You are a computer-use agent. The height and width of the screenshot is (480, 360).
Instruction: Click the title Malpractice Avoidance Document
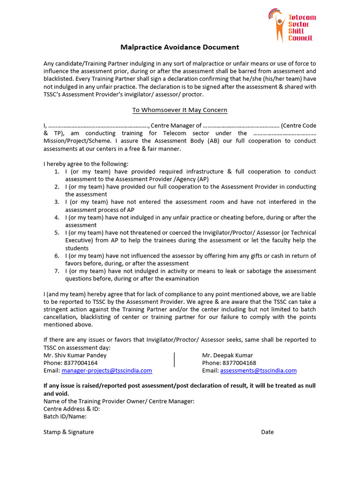click(x=180, y=47)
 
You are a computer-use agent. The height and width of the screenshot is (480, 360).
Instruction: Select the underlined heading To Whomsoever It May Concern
click(x=180, y=110)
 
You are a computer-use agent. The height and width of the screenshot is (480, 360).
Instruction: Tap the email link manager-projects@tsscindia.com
click(x=107, y=370)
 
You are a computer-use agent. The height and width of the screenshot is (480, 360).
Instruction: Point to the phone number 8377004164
click(x=81, y=363)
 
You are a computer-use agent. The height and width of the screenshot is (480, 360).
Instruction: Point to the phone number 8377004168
click(x=239, y=363)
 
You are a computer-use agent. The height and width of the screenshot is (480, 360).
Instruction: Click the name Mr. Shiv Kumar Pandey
click(x=75, y=355)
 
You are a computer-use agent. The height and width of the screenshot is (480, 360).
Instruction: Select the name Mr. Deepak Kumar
click(x=227, y=355)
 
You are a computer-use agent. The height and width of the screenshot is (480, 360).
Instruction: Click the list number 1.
click(x=56, y=172)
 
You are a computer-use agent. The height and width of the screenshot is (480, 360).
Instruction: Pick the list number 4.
click(x=56, y=217)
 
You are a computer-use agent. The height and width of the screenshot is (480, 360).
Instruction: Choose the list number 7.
click(x=56, y=271)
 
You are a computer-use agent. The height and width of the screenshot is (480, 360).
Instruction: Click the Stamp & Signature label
click(x=68, y=432)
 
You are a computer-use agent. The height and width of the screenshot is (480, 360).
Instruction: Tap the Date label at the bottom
click(x=267, y=432)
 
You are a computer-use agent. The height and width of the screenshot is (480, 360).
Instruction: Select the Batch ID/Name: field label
click(x=65, y=416)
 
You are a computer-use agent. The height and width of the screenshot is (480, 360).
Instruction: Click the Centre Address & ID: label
click(x=72, y=409)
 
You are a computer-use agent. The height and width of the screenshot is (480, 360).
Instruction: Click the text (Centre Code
click(x=299, y=126)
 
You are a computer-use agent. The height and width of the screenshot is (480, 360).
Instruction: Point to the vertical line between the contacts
click(x=174, y=360)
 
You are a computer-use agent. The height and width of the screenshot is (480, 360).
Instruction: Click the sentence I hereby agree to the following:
click(x=86, y=164)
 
